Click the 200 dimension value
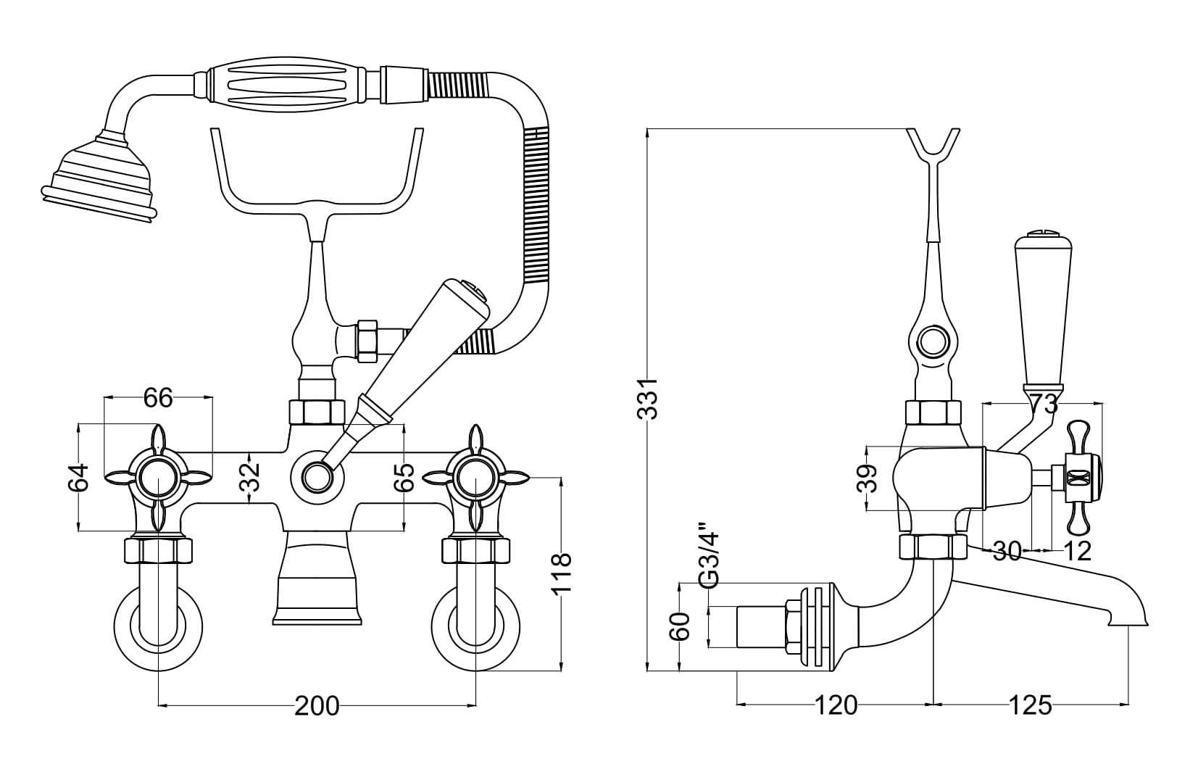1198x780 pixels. point(317,705)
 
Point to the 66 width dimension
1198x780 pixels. point(159,398)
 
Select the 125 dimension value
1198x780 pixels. point(1030,705)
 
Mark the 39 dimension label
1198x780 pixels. point(867,478)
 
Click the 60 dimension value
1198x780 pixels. point(679,626)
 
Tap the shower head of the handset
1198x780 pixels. point(100,178)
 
